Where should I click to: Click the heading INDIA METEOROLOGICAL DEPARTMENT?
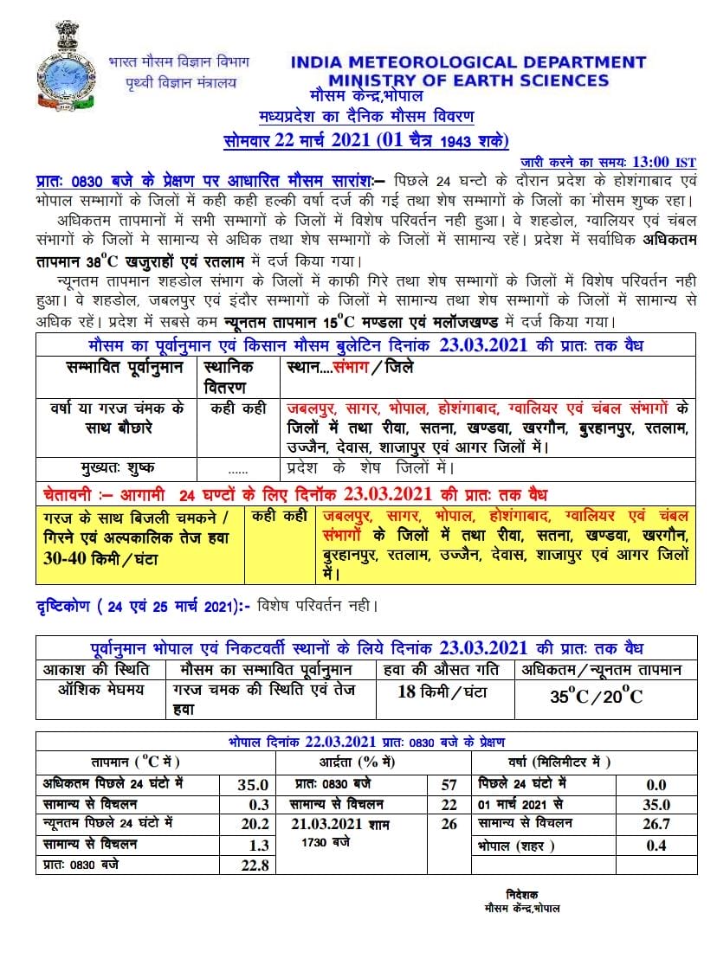[x=468, y=62]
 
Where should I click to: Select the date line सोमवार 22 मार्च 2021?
[x=364, y=140]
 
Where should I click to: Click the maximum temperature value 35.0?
[x=252, y=785]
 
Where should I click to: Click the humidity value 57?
[x=449, y=785]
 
